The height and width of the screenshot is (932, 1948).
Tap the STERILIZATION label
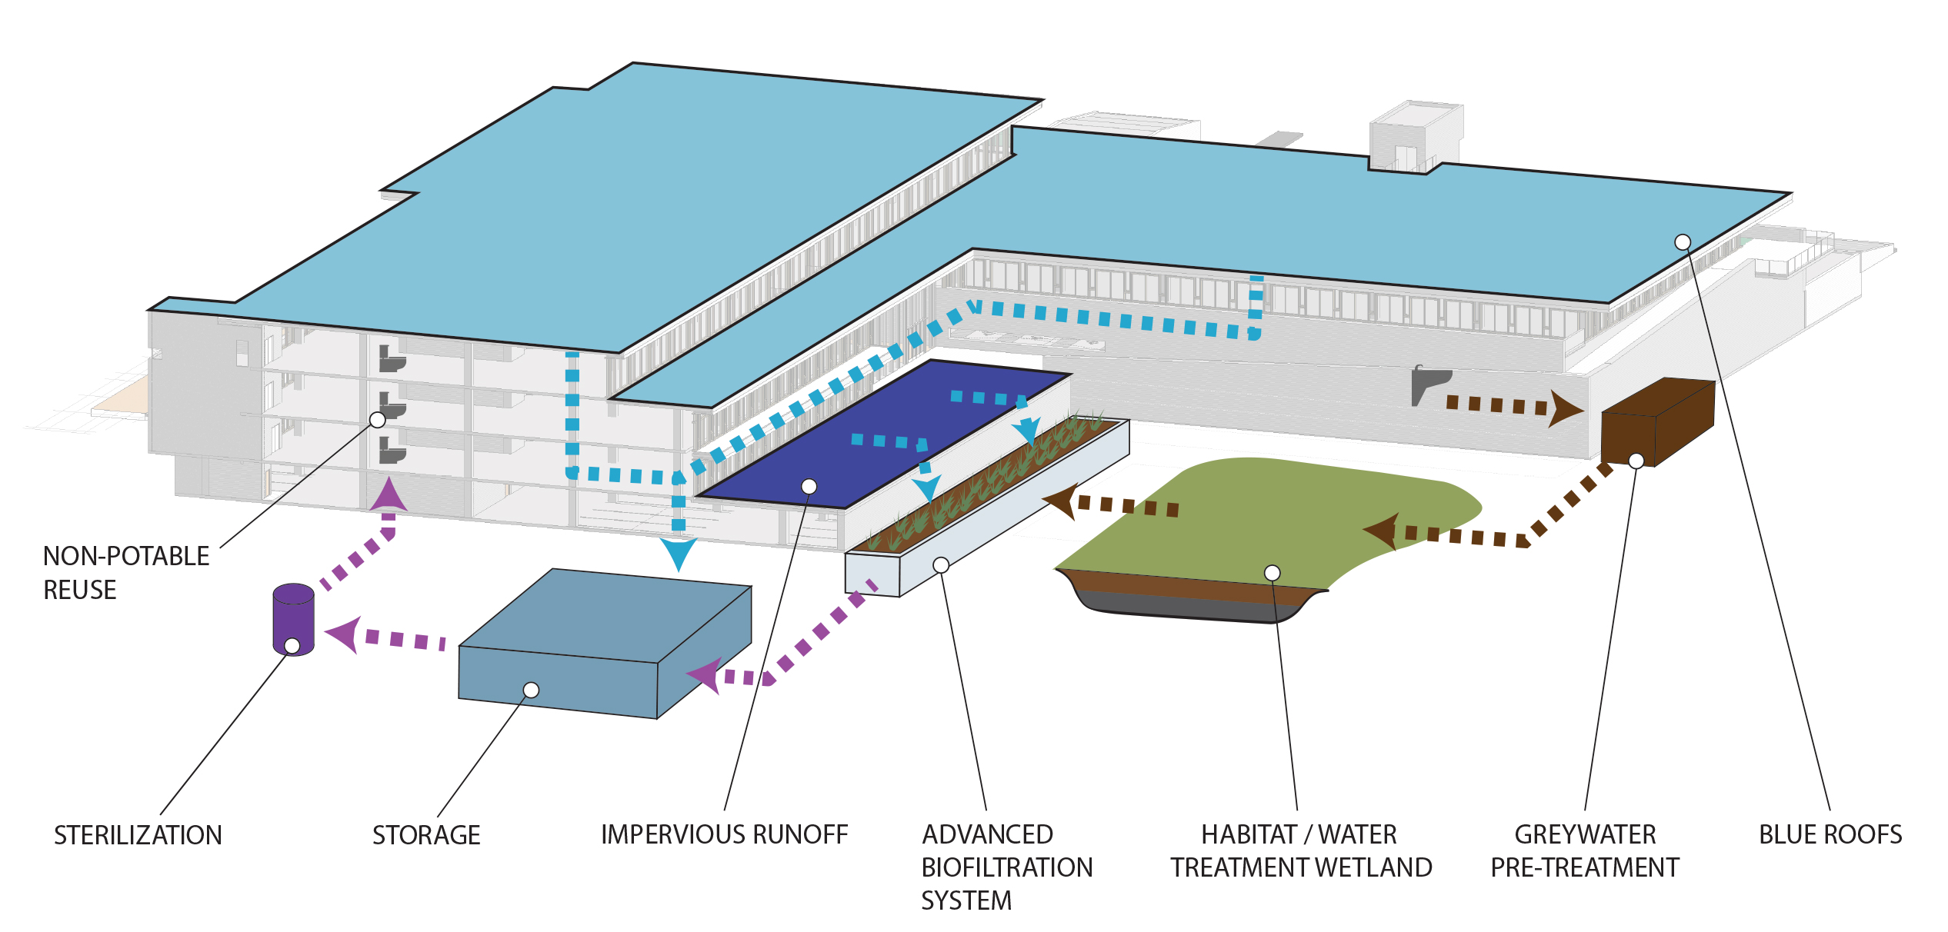point(138,835)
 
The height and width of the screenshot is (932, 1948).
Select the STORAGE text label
point(426,835)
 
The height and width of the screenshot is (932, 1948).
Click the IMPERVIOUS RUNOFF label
point(724,834)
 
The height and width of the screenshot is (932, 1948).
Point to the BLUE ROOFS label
point(1830,834)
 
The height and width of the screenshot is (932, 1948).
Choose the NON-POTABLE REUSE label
point(126,572)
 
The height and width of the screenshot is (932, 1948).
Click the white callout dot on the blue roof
point(1683,242)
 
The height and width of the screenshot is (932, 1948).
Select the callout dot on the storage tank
point(531,690)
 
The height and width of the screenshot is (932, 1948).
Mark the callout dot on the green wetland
point(1273,573)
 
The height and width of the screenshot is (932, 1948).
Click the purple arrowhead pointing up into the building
point(389,496)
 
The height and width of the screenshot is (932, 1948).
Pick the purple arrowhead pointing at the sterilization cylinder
point(343,634)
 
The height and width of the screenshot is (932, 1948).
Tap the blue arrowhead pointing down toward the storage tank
point(679,553)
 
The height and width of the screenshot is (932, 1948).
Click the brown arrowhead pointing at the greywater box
point(1564,408)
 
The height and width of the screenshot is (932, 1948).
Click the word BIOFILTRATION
point(1007,867)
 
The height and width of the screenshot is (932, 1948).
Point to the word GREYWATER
point(1585,834)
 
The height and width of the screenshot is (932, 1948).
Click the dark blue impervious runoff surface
point(885,434)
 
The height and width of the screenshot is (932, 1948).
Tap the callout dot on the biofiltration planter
point(941,565)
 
